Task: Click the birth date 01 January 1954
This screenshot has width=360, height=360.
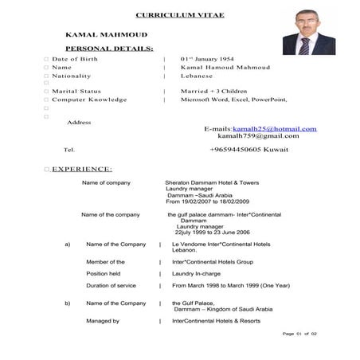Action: click(x=210, y=59)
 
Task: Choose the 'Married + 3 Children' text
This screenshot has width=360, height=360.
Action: click(x=213, y=92)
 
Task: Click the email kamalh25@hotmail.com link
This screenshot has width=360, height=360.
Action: click(x=275, y=128)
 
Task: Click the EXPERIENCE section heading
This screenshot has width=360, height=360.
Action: click(x=82, y=169)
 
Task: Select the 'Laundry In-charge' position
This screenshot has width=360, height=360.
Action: click(x=199, y=273)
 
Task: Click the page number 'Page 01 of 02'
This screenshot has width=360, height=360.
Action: click(x=299, y=333)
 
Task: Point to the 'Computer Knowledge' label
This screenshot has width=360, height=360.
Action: click(x=89, y=100)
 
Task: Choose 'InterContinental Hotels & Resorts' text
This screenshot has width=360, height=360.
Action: click(x=216, y=321)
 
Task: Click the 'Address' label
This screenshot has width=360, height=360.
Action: click(x=80, y=122)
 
